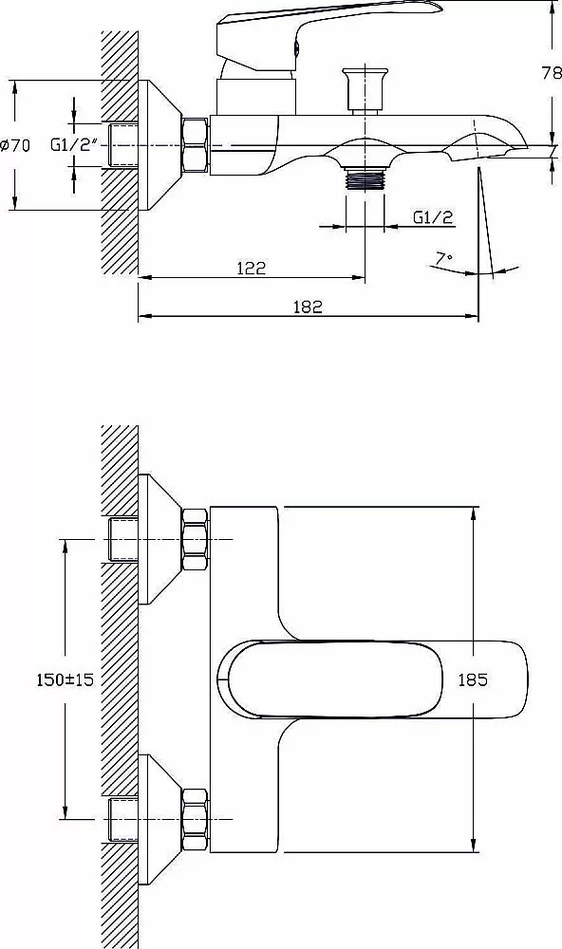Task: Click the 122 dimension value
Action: point(252,268)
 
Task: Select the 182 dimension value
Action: point(308,307)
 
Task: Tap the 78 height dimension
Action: point(552,73)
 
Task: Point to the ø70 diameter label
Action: point(15,145)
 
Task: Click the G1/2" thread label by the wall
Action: point(74,145)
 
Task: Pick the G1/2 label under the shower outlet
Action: point(432,217)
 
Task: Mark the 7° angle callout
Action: point(444,258)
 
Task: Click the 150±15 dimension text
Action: point(65,679)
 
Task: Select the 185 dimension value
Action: point(473,679)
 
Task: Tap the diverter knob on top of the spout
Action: point(364,90)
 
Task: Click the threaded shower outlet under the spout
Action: point(365,179)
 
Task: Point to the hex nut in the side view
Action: point(196,145)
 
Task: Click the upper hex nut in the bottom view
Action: point(196,539)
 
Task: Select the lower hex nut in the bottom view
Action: point(196,820)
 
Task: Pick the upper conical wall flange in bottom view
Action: point(160,539)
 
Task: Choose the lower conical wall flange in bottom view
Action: point(160,820)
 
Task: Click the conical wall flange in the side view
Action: point(160,145)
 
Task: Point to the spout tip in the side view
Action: point(521,147)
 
